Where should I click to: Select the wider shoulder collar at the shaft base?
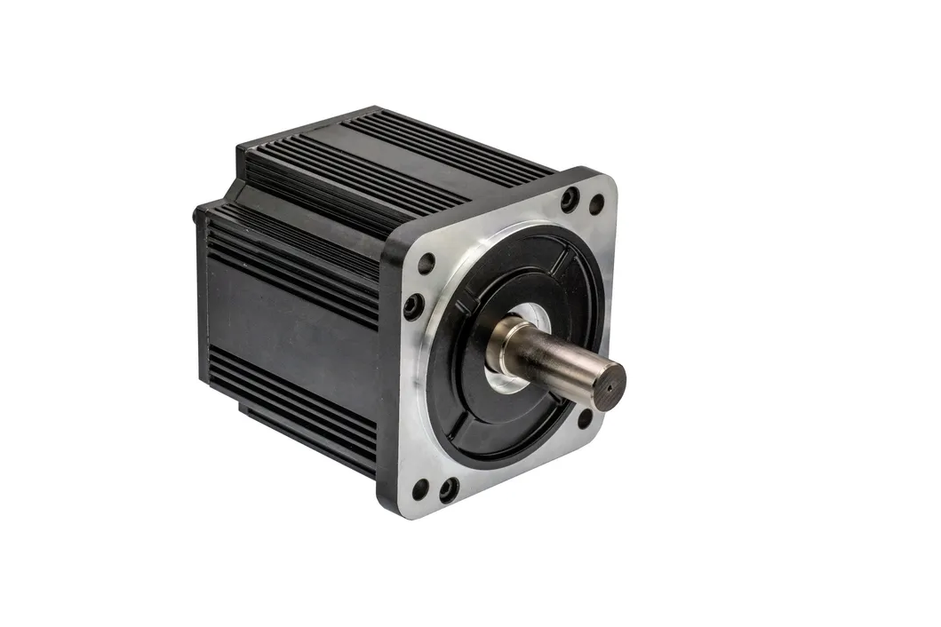tap(504, 342)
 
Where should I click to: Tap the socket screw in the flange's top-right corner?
tap(570, 199)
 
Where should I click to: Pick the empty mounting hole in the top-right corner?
tap(596, 205)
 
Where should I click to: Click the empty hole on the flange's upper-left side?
tap(427, 263)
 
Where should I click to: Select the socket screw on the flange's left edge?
tap(413, 306)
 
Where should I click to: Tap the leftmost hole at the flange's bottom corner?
tap(420, 489)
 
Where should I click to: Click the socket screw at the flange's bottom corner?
tap(449, 489)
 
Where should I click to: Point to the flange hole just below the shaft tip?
tap(586, 418)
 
